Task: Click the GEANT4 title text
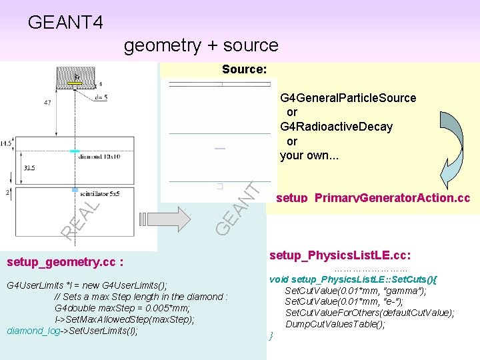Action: [x=65, y=23]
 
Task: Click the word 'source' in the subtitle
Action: [x=248, y=45]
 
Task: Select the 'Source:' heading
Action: [x=244, y=69]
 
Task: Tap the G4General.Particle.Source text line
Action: [x=348, y=98]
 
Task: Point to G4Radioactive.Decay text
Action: [x=336, y=127]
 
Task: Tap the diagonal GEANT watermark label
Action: [x=237, y=203]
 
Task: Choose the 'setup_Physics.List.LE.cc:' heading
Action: [x=339, y=255]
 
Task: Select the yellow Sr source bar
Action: [x=76, y=82]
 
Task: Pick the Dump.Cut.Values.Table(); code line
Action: [x=335, y=324]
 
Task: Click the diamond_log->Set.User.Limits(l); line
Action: [x=72, y=330]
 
